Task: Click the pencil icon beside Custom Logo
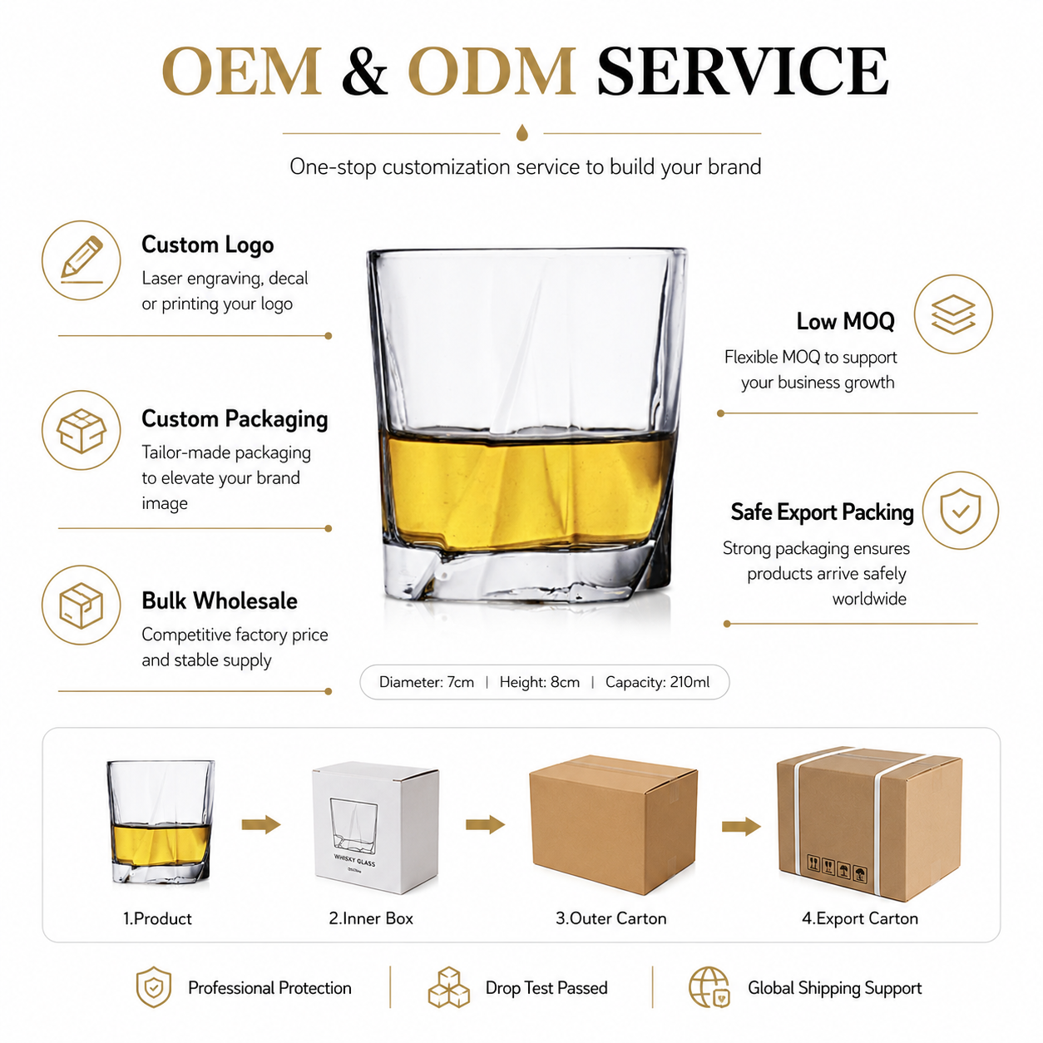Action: [82, 260]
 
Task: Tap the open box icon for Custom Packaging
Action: [82, 430]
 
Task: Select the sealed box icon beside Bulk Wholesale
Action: [82, 606]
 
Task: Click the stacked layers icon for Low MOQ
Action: [953, 314]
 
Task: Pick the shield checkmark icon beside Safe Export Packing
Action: [960, 511]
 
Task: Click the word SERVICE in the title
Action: [743, 72]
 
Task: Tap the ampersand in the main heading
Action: [365, 72]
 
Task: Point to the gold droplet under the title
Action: [521, 132]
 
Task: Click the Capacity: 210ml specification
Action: [657, 682]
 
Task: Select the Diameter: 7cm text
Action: [427, 682]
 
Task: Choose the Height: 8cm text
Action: [540, 682]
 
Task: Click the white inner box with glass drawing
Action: [376, 827]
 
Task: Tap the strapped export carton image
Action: [869, 823]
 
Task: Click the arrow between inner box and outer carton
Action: [485, 825]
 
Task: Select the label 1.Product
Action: [157, 918]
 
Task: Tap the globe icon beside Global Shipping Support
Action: [709, 987]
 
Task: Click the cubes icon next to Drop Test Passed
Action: [448, 987]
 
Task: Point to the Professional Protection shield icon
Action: [154, 987]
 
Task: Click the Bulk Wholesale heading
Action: [220, 601]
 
